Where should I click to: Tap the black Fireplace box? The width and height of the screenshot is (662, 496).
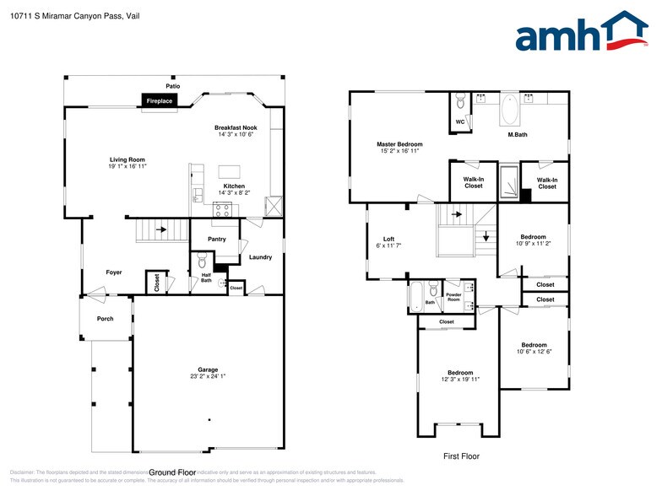[160, 101]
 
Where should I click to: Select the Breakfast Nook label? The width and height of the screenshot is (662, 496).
[236, 127]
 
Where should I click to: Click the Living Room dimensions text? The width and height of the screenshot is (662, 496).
[128, 167]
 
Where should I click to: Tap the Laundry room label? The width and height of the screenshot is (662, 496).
[260, 256]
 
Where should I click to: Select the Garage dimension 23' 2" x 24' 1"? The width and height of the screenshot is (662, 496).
[208, 376]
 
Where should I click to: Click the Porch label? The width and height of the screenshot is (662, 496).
[106, 319]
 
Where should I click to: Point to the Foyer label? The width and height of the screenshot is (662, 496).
[114, 272]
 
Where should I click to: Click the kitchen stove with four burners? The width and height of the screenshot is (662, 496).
[222, 210]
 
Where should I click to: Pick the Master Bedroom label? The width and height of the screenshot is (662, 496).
[399, 144]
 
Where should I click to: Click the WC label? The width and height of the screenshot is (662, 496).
[460, 121]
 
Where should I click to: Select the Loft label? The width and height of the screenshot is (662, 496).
[388, 239]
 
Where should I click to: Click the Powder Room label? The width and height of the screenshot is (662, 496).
[453, 298]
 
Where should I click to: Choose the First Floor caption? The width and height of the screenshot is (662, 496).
[461, 456]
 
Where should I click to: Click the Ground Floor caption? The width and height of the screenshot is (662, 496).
[172, 472]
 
